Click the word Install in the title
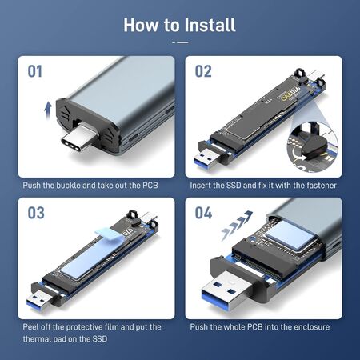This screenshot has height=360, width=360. [x=210, y=25]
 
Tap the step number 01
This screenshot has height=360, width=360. [x=35, y=71]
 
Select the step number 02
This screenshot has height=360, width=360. [x=203, y=71]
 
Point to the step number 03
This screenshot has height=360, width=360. [x=36, y=213]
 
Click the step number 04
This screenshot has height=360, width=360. [x=203, y=213]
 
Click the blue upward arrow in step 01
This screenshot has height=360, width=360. [x=48, y=110]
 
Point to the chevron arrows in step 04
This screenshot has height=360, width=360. [x=237, y=225]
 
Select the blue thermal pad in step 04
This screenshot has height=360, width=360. [x=289, y=234]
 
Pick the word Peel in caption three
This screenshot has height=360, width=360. [x=30, y=327]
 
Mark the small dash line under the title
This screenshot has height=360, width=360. [x=180, y=42]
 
